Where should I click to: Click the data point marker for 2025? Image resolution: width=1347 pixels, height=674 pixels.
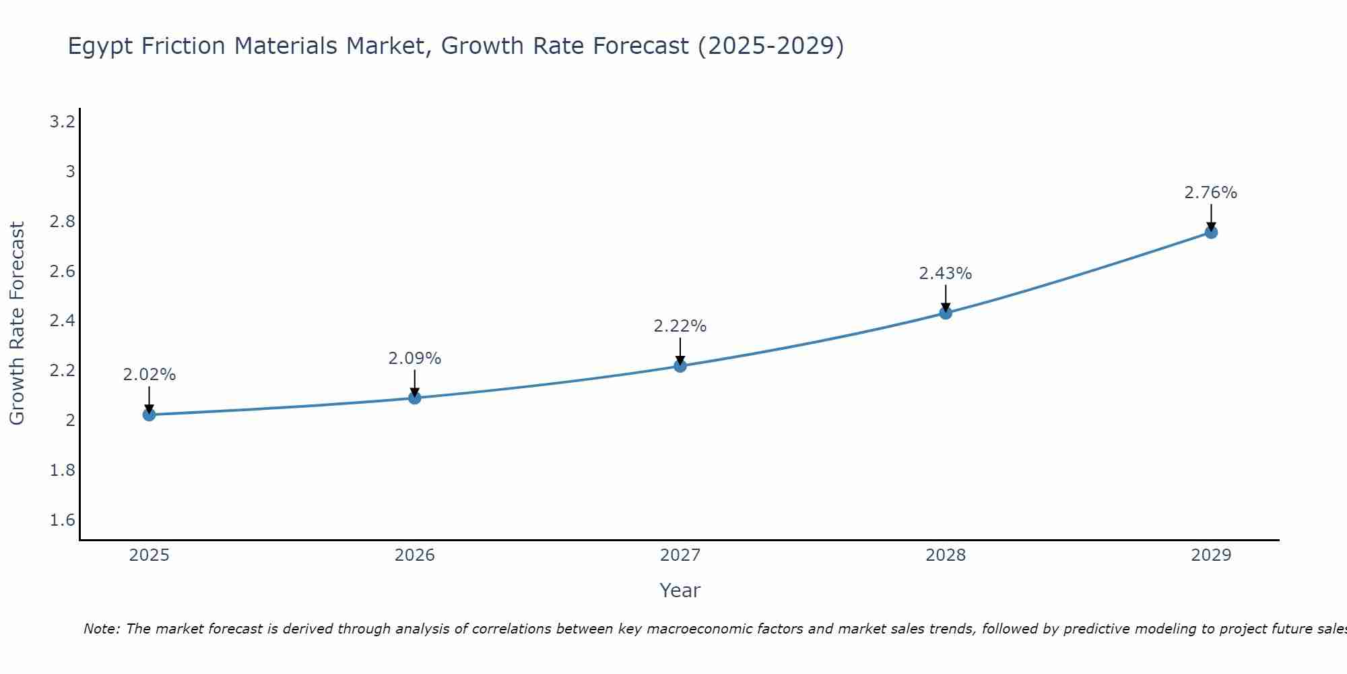(150, 415)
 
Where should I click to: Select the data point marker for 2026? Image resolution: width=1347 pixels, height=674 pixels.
(415, 398)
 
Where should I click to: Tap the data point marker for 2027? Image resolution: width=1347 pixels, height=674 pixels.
(680, 366)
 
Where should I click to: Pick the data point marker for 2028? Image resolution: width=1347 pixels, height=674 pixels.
(946, 313)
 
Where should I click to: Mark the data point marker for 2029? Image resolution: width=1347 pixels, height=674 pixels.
(1211, 233)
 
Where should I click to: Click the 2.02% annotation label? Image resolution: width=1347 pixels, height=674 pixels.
(150, 375)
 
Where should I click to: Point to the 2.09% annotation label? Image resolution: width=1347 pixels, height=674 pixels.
(415, 359)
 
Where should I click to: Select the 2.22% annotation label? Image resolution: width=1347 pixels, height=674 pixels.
(680, 326)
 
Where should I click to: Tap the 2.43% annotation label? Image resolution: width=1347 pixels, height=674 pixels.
(946, 274)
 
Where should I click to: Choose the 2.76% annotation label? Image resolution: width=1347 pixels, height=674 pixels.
(1211, 193)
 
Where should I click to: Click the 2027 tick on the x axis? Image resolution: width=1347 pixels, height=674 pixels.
(680, 555)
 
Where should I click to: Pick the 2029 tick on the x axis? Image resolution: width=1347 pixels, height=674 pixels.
(1211, 555)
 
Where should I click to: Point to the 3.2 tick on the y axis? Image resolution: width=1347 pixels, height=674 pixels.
(62, 122)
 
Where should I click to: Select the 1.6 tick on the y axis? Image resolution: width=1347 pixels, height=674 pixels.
(62, 520)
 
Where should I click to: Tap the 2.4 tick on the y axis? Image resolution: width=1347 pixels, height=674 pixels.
(62, 321)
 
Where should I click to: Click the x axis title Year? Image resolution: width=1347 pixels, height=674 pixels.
(680, 590)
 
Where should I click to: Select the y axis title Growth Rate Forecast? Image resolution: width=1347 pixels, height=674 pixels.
(17, 324)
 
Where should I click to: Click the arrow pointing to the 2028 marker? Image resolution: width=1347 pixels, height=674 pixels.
(946, 298)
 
